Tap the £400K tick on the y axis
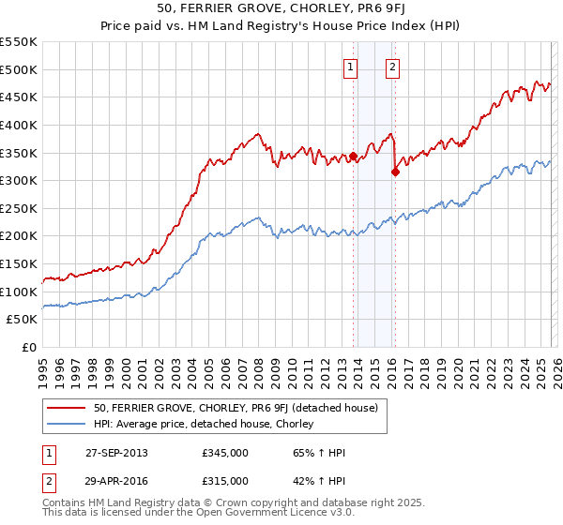pyautogui.click(x=19, y=125)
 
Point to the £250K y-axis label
pyautogui.click(x=19, y=208)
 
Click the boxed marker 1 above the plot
pyautogui.click(x=351, y=67)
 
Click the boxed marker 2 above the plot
pyautogui.click(x=391, y=67)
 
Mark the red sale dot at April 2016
pyautogui.click(x=396, y=172)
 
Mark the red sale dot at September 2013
pyautogui.click(x=354, y=156)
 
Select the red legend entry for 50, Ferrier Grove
pyautogui.click(x=236, y=408)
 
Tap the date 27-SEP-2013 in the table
pyautogui.click(x=115, y=453)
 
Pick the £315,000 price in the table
pyautogui.click(x=225, y=481)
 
